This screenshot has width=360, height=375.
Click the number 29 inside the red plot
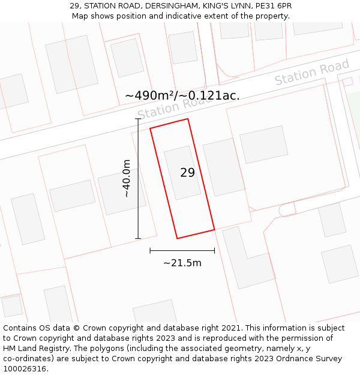[187, 173]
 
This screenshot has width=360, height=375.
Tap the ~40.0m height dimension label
[127, 178]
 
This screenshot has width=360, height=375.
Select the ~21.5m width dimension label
[182, 263]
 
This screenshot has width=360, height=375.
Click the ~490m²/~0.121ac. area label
[182, 95]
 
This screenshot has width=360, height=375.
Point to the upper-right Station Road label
[311, 73]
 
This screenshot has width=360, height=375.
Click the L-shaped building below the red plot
[246, 258]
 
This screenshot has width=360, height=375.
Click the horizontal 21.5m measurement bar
[182, 250]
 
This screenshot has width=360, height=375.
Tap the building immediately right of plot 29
[223, 167]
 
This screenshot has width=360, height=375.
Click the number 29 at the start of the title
[74, 6]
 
